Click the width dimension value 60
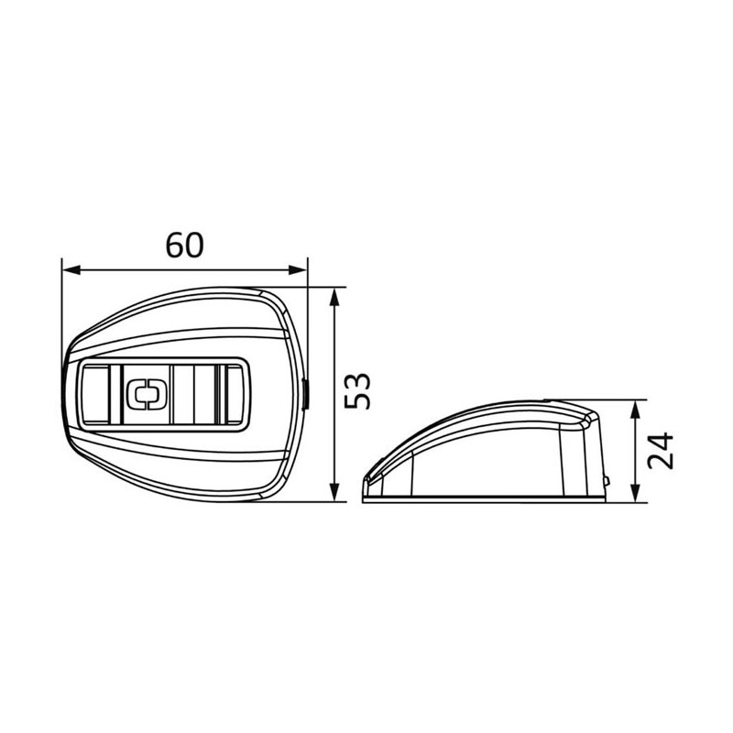point(185,245)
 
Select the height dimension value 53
point(357,391)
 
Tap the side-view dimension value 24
point(660,451)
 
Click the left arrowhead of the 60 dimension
point(71,269)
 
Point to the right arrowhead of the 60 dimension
point(298,269)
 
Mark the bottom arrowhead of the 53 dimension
point(334,493)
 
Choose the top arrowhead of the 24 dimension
point(635,410)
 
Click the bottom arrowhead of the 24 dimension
point(635,494)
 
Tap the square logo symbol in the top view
point(148,394)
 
